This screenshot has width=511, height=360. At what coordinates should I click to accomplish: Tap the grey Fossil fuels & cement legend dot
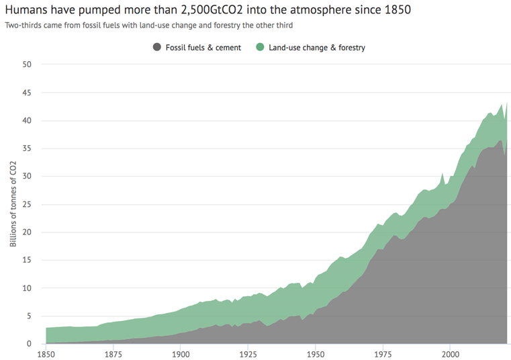point(157,47)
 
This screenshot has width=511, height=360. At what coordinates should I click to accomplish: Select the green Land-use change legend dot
point(260,47)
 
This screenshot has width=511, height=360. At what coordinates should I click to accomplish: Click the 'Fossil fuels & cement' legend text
point(203,48)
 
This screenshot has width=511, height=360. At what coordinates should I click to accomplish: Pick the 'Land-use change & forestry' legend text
point(317,48)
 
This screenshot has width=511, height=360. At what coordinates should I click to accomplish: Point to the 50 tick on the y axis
point(27,64)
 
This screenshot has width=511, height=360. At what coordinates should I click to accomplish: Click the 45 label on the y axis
point(27,93)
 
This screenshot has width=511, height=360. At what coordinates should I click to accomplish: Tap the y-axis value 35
point(27,148)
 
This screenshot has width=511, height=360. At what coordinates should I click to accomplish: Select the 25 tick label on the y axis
point(27,204)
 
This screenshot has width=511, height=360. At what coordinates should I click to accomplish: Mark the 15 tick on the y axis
point(27,260)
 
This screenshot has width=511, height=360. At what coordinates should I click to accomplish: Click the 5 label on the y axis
point(29,316)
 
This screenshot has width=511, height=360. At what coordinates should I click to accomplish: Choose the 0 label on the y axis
point(29,344)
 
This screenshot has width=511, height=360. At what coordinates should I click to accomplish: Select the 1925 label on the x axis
point(248,353)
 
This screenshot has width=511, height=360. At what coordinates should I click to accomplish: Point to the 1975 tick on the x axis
point(383,353)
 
